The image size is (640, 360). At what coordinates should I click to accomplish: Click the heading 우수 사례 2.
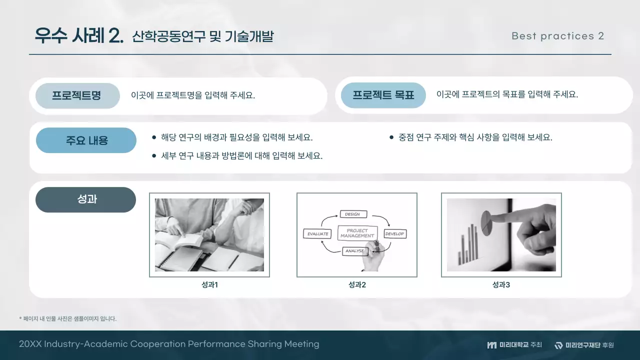point(78,36)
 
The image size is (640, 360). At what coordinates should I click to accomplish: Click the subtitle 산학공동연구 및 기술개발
point(202,36)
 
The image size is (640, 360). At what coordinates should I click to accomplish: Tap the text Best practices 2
point(557,36)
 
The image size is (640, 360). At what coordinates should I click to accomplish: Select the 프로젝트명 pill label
point(77,95)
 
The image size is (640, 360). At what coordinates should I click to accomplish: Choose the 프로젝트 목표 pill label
point(383,95)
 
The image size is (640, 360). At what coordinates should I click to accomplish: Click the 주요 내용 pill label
point(86,140)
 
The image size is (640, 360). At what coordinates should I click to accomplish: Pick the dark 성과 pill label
point(86,199)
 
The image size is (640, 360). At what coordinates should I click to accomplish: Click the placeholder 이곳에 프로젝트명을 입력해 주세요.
point(193,95)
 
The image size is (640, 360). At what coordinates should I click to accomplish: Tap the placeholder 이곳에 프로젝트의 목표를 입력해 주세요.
point(506,94)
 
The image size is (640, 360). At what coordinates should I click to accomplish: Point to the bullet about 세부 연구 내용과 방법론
point(241,155)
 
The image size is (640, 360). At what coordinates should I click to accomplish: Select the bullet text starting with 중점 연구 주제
point(475,137)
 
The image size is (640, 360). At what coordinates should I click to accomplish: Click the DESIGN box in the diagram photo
point(353,214)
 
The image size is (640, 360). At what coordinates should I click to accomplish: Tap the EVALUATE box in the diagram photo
point(317,233)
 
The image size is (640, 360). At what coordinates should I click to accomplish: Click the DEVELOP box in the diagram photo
point(394,233)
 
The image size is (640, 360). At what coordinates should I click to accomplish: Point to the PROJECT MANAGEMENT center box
point(357,233)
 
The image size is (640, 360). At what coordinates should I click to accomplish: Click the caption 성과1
point(209,285)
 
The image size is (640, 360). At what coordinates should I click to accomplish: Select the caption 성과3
point(501,285)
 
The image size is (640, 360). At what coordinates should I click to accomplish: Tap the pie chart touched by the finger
point(485,218)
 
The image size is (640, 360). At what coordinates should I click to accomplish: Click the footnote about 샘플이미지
point(67,318)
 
